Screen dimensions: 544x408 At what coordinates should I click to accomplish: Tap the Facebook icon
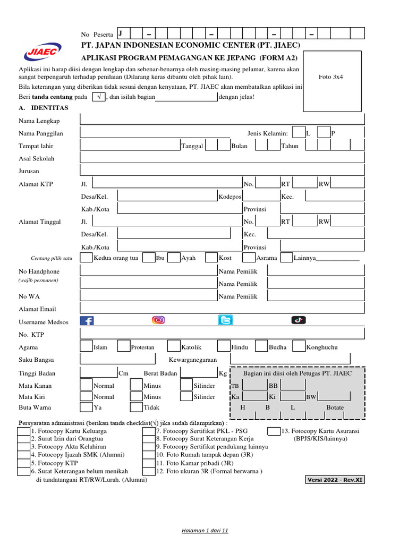coord(87,320)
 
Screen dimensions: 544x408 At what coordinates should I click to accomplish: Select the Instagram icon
coord(158,320)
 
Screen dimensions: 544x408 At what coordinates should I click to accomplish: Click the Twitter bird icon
coord(225,320)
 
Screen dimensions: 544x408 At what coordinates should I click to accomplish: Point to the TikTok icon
coord(298,320)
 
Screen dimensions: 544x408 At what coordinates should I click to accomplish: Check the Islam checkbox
coord(86,346)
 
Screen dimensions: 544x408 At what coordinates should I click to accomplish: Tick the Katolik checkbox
coord(174,346)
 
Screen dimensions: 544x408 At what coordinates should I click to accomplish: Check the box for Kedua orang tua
coord(86,258)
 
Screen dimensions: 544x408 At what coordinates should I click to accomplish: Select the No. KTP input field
coord(222,334)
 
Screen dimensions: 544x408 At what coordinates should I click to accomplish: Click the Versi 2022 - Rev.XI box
coord(335,480)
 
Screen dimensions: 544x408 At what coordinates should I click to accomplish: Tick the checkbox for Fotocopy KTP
coord(24,463)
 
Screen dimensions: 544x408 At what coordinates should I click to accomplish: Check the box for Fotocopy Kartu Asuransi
coord(274,431)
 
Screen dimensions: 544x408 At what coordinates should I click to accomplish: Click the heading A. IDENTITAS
coord(43,108)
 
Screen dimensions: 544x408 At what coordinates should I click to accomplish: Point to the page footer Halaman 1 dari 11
coord(205,531)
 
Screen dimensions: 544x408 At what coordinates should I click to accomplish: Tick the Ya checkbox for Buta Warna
coord(86,407)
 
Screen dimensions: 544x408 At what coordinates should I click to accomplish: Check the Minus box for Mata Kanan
coord(137,385)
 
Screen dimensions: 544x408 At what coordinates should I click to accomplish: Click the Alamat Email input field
coord(222,309)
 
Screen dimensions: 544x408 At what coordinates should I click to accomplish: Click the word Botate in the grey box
coord(335,407)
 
